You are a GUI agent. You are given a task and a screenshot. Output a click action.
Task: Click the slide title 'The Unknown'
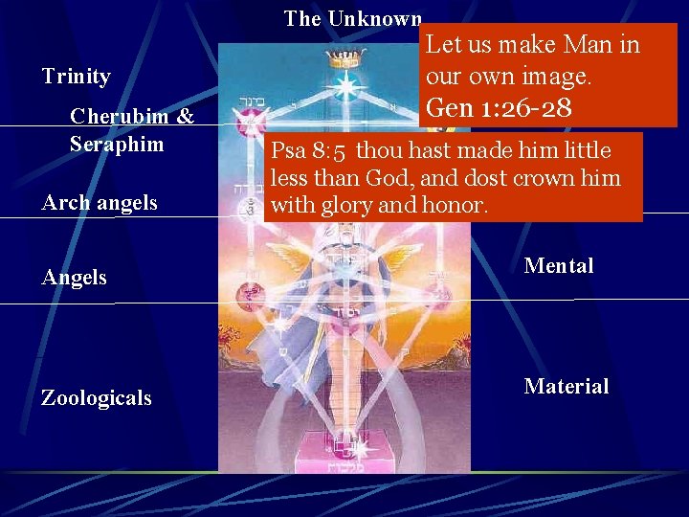tap(352, 19)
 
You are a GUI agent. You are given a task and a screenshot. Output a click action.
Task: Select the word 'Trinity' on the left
tap(77, 77)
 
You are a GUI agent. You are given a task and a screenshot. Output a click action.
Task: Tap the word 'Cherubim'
tap(119, 117)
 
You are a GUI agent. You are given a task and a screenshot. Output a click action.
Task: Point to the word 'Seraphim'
tap(117, 145)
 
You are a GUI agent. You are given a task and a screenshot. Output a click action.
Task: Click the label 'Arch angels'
tap(100, 203)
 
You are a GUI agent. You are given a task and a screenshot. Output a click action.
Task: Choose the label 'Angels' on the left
tap(75, 278)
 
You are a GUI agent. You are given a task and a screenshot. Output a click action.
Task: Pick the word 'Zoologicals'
tap(96, 398)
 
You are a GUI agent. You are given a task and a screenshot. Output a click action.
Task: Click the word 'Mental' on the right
tap(559, 266)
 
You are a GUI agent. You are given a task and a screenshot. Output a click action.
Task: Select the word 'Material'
tap(566, 387)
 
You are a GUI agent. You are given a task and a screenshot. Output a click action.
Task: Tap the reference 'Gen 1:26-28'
tap(499, 107)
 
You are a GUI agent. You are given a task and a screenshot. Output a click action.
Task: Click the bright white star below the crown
tap(342, 87)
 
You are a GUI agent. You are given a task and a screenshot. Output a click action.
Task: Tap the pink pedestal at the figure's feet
tap(341, 452)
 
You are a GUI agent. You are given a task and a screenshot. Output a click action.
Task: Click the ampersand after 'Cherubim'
tap(185, 117)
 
